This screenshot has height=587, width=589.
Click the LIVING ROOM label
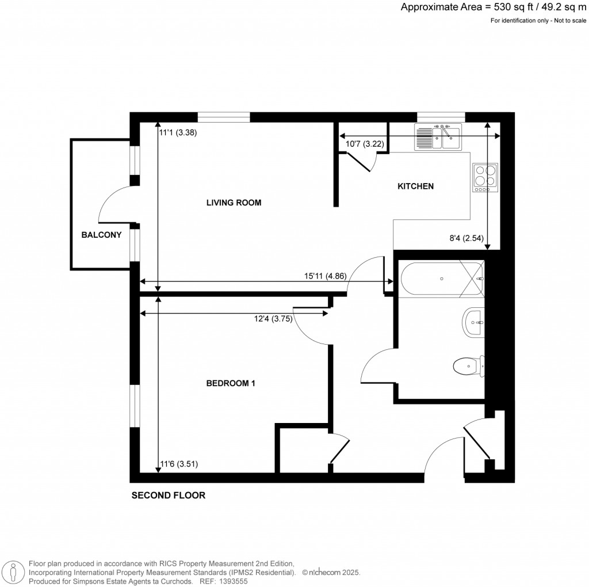tap(234, 203)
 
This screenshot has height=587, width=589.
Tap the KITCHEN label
tap(415, 186)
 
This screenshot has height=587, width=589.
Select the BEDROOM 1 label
tap(230, 383)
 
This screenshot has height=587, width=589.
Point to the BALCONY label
tap(101, 235)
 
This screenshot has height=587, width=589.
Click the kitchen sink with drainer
tap(437, 136)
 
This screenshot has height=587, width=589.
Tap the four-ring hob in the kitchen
tap(484, 177)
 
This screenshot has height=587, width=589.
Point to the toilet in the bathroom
tap(467, 365)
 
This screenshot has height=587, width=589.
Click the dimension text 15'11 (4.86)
tap(324, 276)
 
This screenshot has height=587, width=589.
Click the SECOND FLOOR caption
tap(168, 495)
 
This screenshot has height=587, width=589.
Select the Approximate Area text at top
tap(494, 7)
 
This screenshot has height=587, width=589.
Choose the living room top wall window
tap(224, 117)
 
